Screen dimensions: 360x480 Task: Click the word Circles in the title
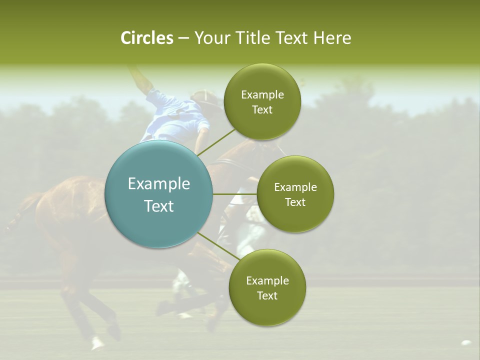coord(146,38)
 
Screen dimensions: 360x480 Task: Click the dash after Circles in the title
coord(183,38)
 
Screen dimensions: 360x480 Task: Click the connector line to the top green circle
coord(216,142)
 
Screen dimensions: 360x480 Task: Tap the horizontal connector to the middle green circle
coord(234,194)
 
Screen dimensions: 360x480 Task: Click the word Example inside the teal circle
coord(158,184)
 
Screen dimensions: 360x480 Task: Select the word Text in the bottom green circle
coord(267,295)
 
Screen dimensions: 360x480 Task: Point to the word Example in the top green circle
coord(262,95)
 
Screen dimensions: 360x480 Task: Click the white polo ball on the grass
coord(466,343)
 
